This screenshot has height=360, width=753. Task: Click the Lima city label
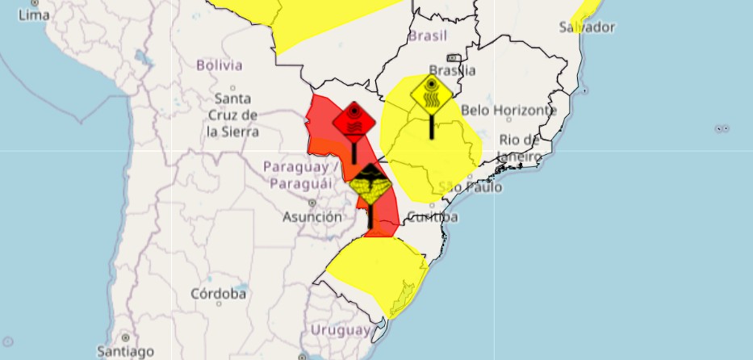pyautogui.click(x=33, y=15)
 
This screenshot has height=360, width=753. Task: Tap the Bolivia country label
pyautogui.click(x=219, y=65)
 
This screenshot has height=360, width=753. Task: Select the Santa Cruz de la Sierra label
pyautogui.click(x=232, y=115)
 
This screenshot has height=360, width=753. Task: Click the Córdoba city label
pyautogui.click(x=218, y=294)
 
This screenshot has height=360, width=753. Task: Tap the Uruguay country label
pyautogui.click(x=341, y=330)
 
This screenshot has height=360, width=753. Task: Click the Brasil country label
pyautogui.click(x=428, y=36)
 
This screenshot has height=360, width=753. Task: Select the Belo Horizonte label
pyautogui.click(x=508, y=110)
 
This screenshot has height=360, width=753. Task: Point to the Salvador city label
pyautogui.click(x=586, y=27)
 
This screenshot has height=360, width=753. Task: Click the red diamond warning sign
pyautogui.click(x=354, y=122)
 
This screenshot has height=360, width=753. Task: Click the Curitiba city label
pyautogui.click(x=433, y=217)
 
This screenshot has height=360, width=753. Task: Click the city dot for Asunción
pyautogui.click(x=312, y=203)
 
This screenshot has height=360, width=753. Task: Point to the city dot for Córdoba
pyautogui.click(x=219, y=306)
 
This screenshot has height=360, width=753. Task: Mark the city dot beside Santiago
pyautogui.click(x=124, y=337)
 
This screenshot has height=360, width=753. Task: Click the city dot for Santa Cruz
pyautogui.click(x=232, y=87)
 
